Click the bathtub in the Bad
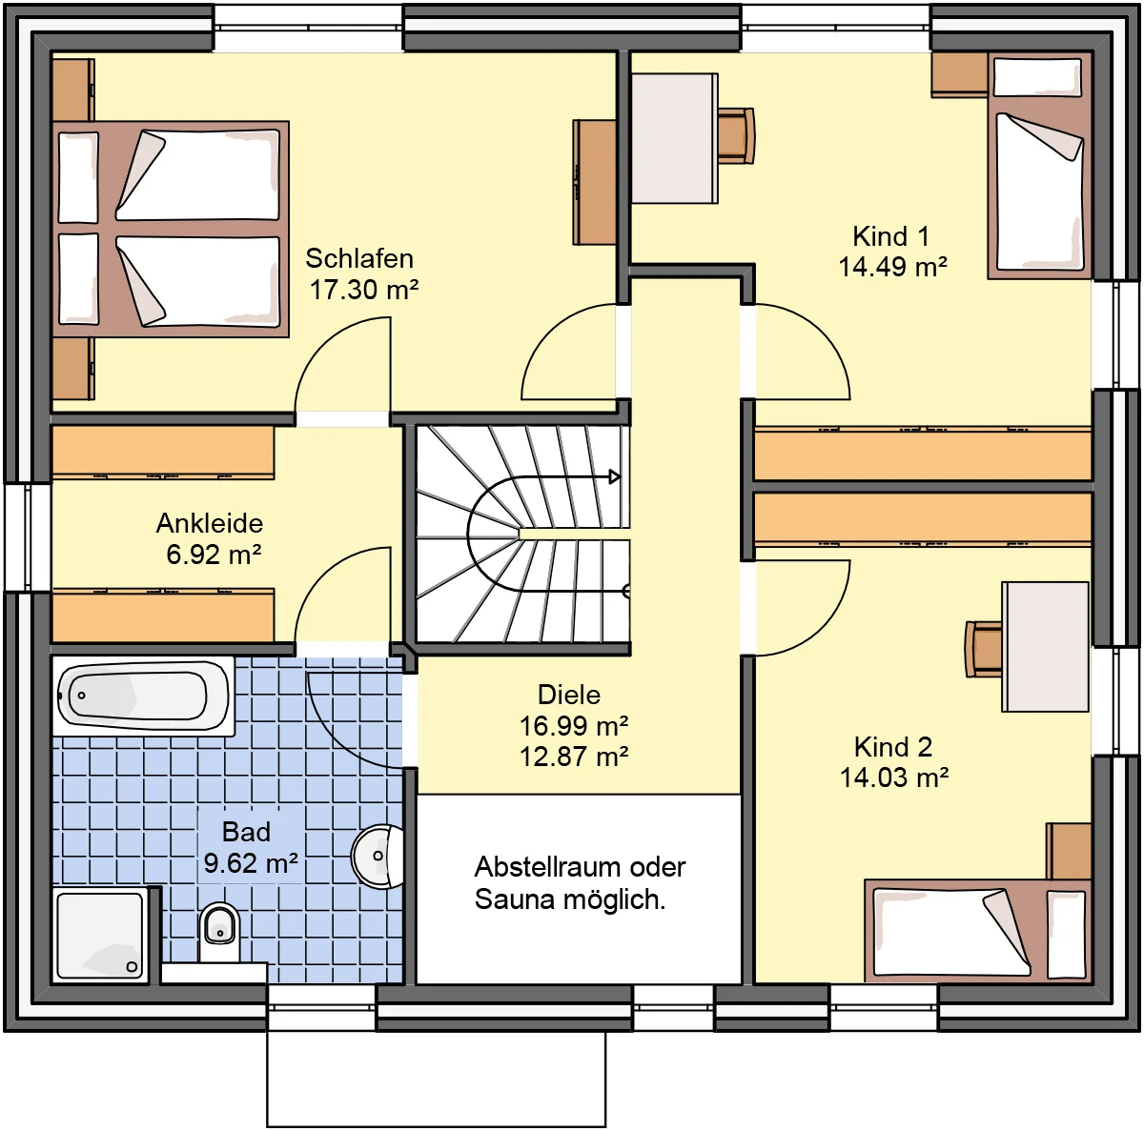click(144, 697)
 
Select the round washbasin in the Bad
click(378, 857)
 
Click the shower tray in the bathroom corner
click(100, 935)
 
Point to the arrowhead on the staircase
click(615, 476)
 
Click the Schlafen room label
click(359, 259)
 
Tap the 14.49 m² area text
click(892, 267)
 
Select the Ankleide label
click(210, 523)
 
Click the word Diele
click(569, 695)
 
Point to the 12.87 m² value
click(574, 757)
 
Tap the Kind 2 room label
click(893, 747)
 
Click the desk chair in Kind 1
click(736, 135)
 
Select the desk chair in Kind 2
click(984, 649)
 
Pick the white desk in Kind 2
click(1046, 646)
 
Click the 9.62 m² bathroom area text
click(251, 863)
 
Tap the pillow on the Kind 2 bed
click(1066, 934)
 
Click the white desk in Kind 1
click(674, 139)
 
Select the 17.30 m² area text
click(364, 291)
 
